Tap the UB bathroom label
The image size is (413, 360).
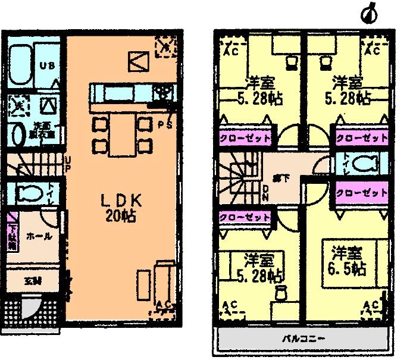pos(47,66)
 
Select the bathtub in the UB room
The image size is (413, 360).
pos(22,62)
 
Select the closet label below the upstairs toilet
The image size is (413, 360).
pos(361,193)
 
